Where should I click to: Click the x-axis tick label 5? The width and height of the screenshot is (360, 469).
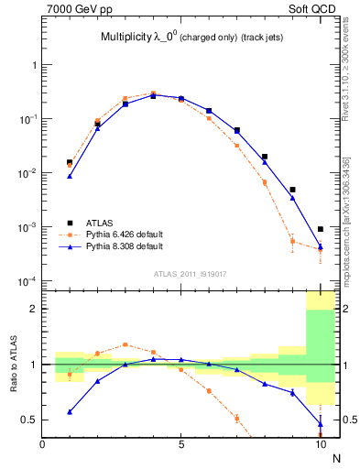click(181, 446)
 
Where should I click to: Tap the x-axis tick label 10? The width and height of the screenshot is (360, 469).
click(320, 446)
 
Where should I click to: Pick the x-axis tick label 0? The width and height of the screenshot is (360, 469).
click(42, 446)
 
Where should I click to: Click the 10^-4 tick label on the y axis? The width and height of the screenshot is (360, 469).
click(29, 280)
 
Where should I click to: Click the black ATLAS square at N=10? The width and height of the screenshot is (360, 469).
click(321, 229)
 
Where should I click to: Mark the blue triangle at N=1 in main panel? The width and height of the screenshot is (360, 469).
click(70, 176)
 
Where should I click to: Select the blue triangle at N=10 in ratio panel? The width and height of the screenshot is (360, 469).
click(321, 423)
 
